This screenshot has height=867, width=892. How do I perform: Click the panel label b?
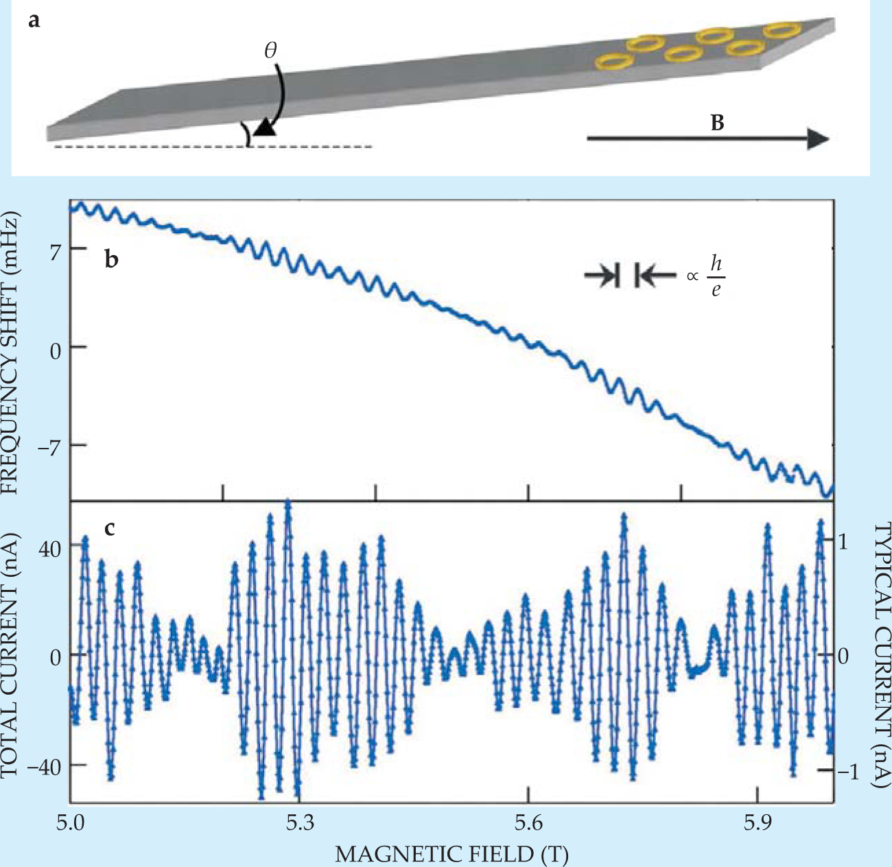[x=112, y=260]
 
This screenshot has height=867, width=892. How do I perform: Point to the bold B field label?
[x=718, y=123]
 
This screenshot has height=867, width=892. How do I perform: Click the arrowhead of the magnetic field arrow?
[x=818, y=139]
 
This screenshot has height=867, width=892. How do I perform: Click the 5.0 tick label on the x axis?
[x=70, y=822]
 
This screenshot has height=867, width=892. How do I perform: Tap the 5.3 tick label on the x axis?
[x=299, y=822]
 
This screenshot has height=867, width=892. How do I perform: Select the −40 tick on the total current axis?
[x=43, y=765]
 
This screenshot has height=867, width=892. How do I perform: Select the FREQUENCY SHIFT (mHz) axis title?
[x=12, y=352]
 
